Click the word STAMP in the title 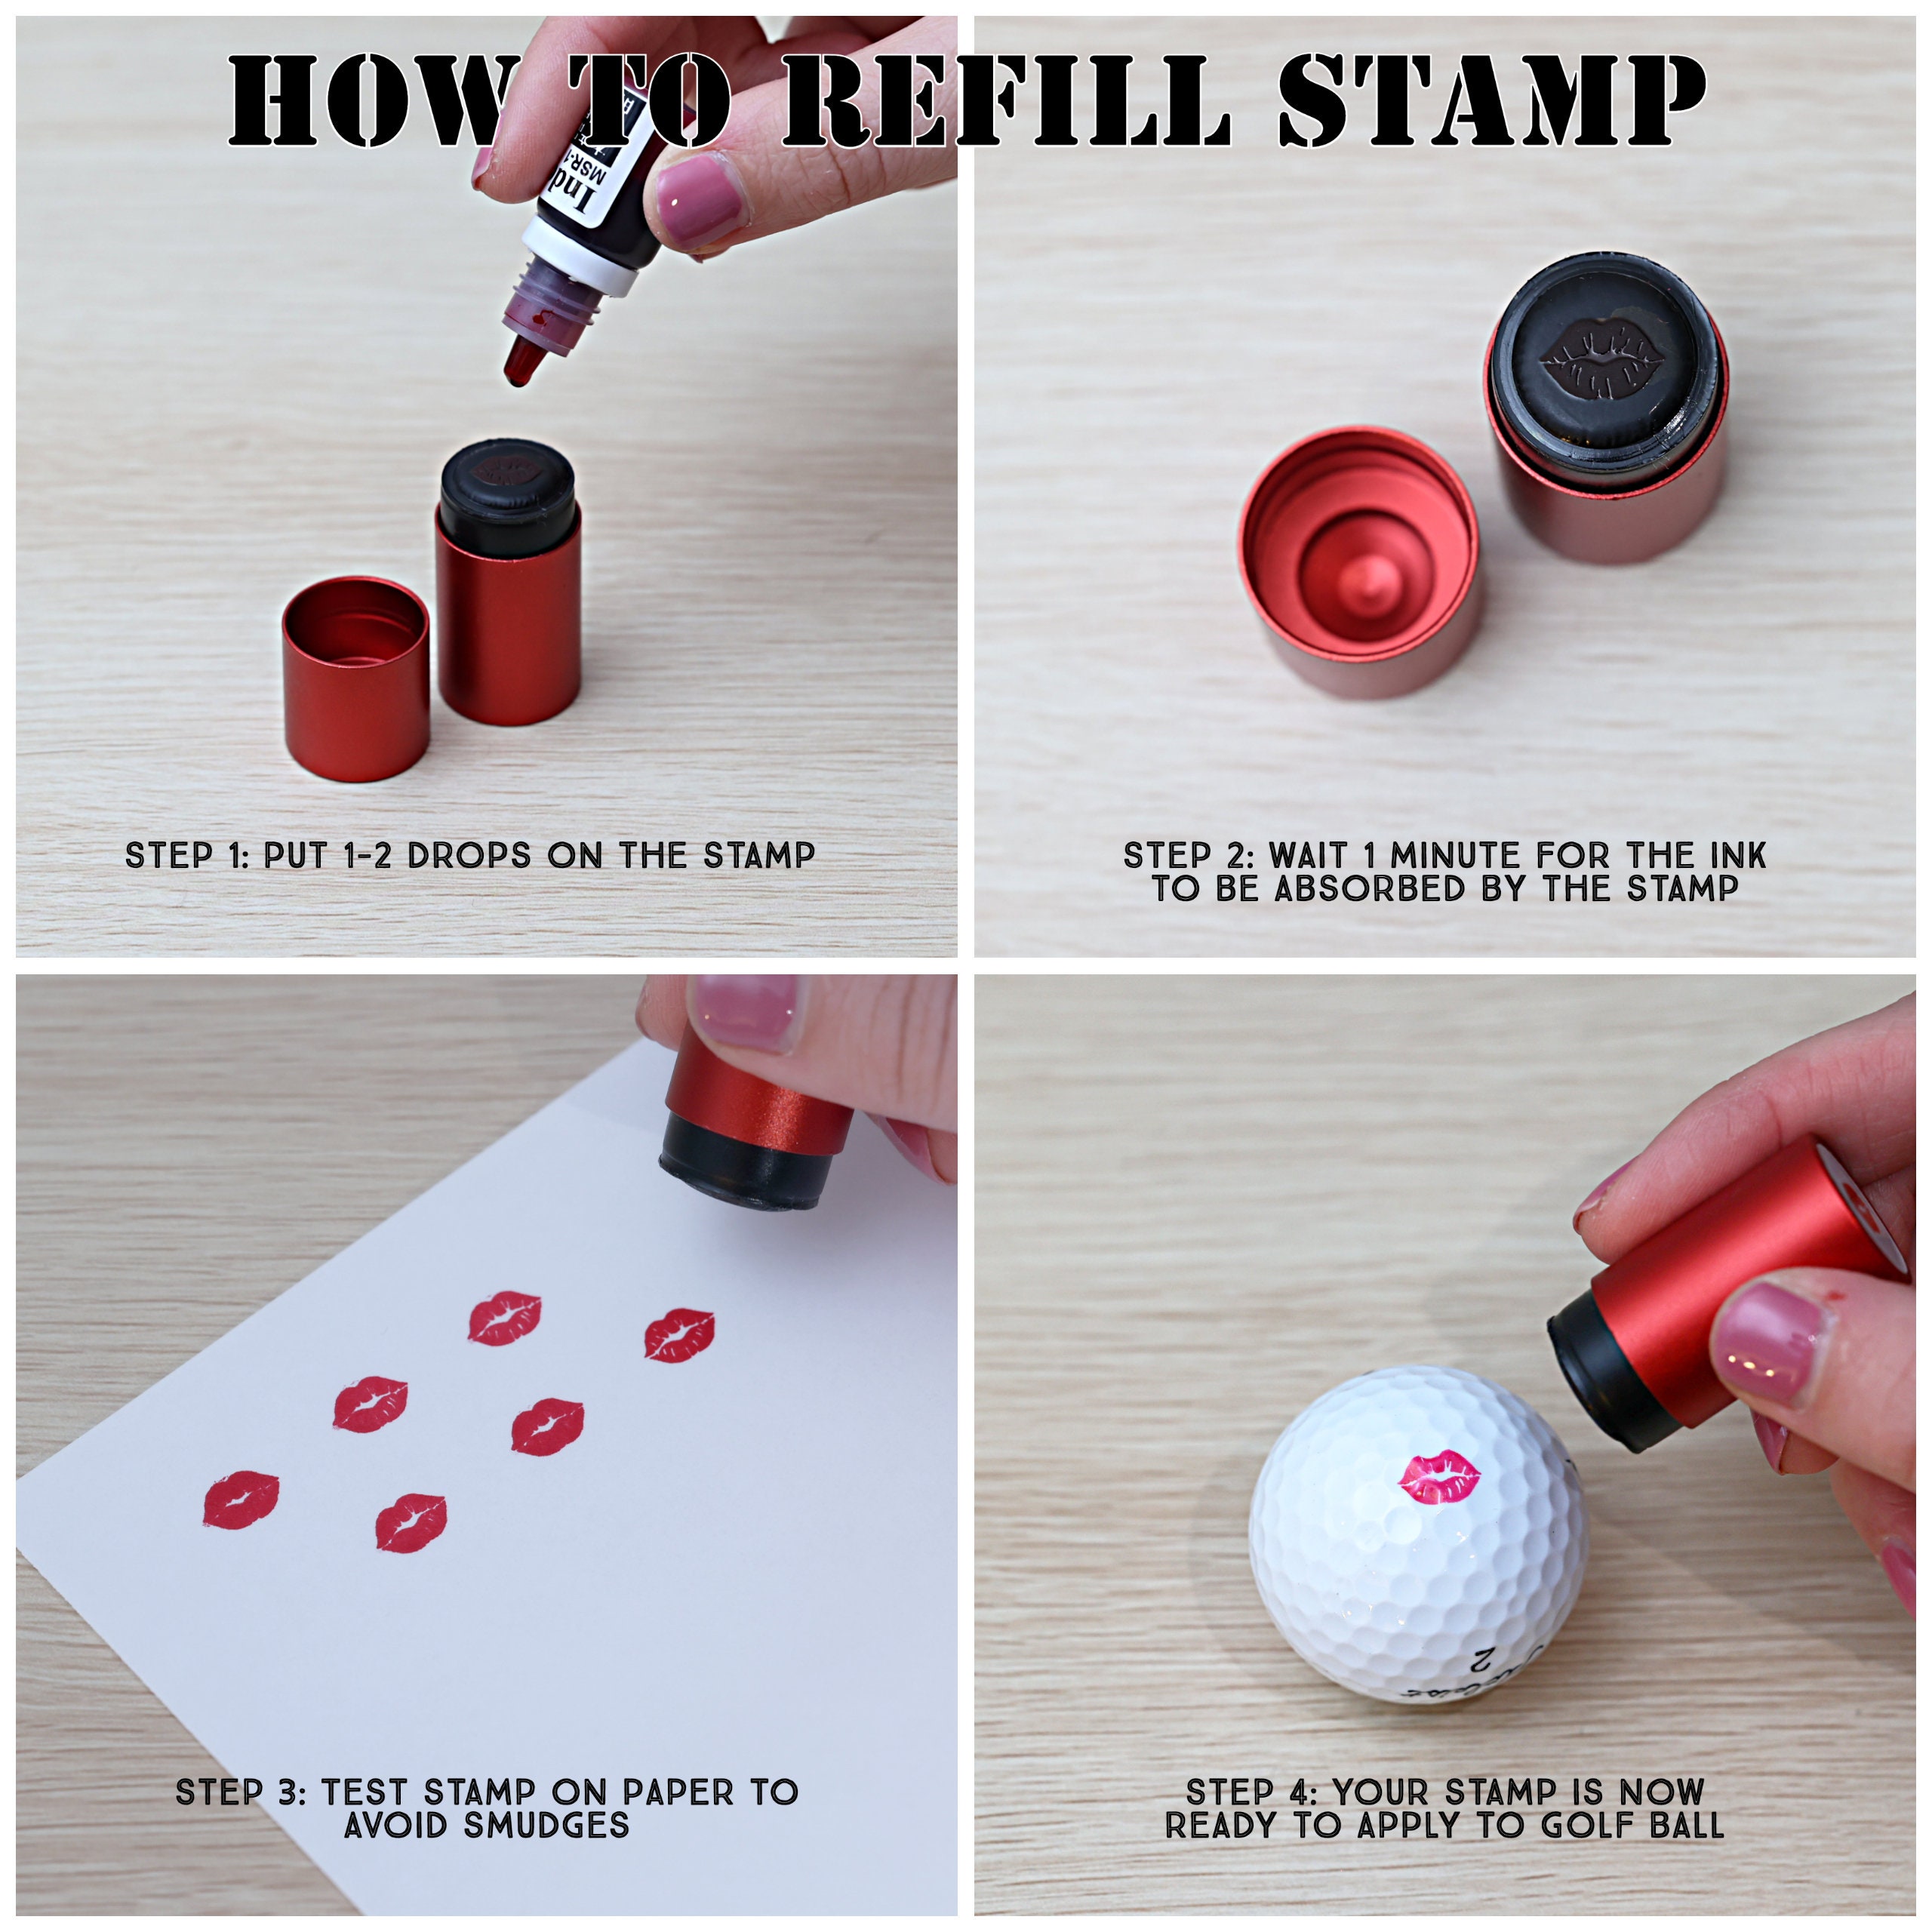pyautogui.click(x=1490, y=100)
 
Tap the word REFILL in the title pyautogui.click(x=1005, y=100)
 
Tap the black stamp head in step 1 pyautogui.click(x=507, y=495)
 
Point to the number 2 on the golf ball pyautogui.click(x=1483, y=1661)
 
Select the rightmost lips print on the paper pyautogui.click(x=679, y=1335)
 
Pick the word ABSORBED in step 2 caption pyautogui.click(x=1369, y=889)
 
